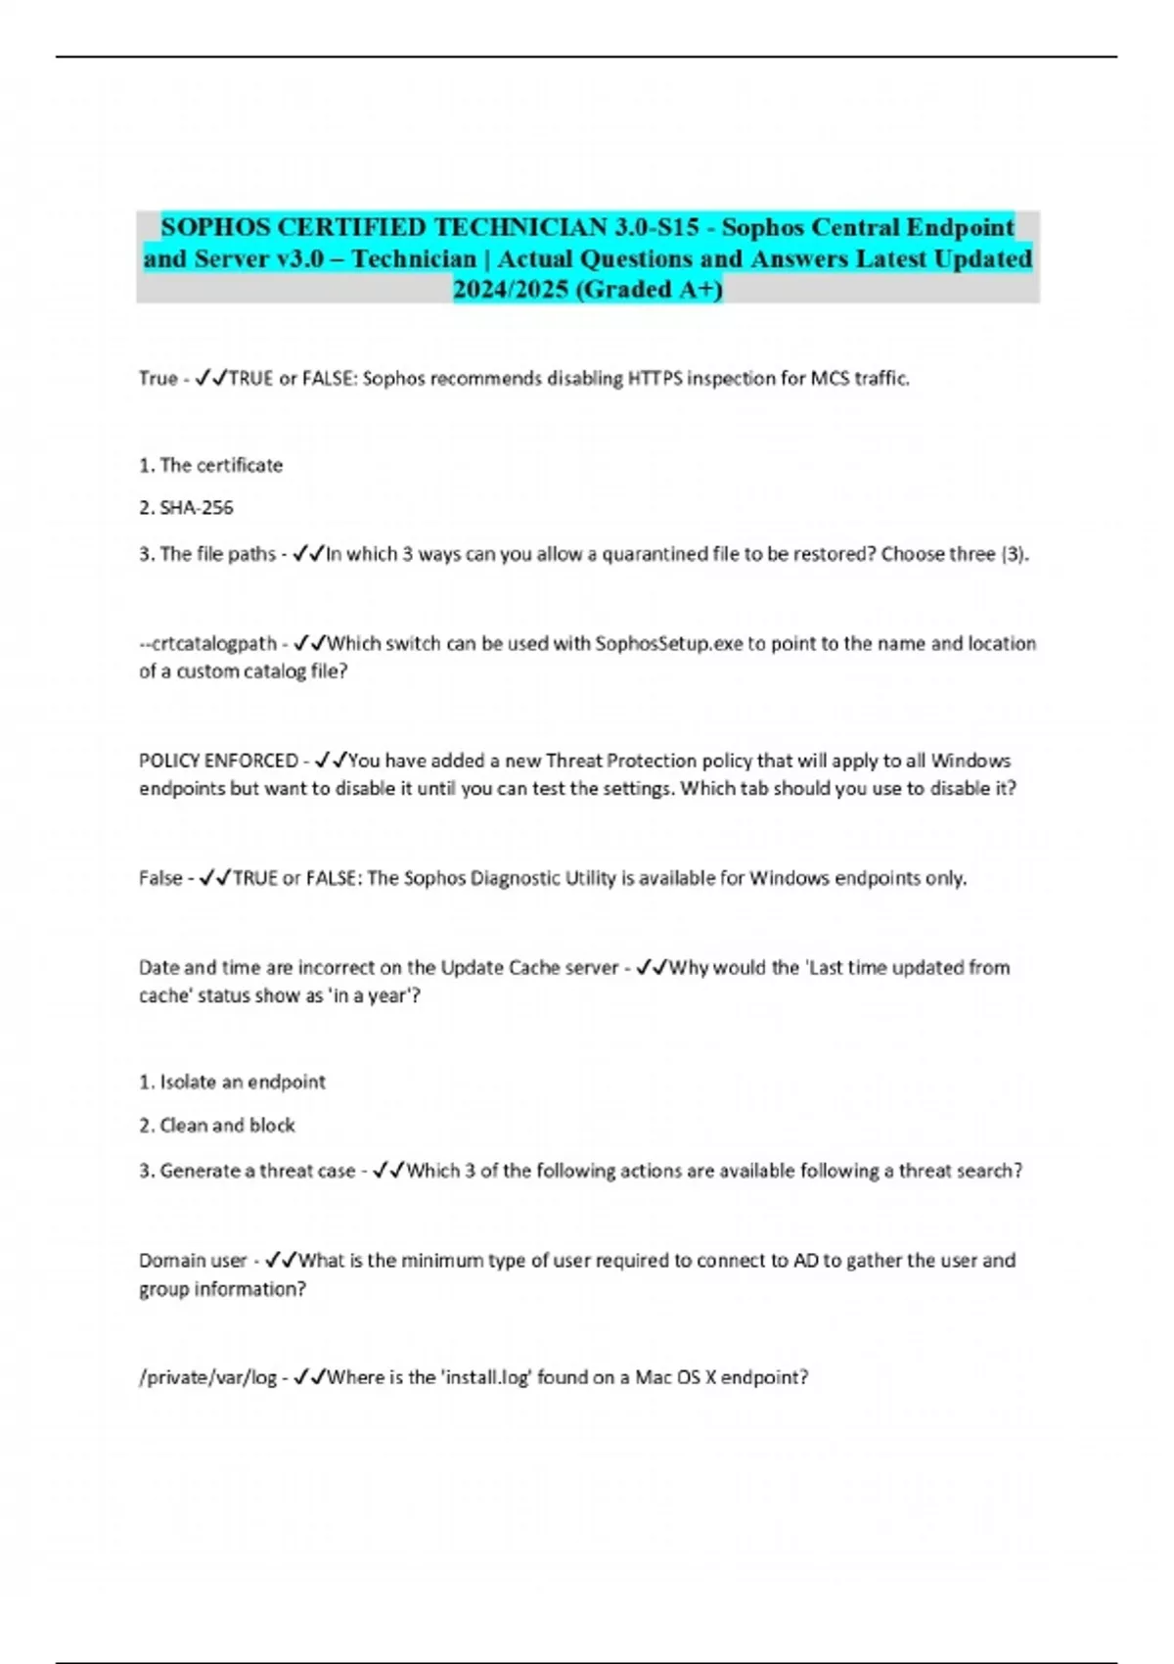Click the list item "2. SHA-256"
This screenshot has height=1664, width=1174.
pyautogui.click(x=186, y=507)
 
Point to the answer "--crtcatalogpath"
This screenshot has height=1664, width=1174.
pyautogui.click(x=207, y=643)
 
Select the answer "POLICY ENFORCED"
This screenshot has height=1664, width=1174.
pyautogui.click(x=218, y=760)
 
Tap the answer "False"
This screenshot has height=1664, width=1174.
pyautogui.click(x=160, y=878)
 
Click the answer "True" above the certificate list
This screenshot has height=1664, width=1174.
pyautogui.click(x=158, y=378)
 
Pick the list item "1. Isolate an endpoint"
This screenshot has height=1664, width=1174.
pyautogui.click(x=232, y=1082)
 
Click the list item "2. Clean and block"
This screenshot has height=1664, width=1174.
pyautogui.click(x=216, y=1125)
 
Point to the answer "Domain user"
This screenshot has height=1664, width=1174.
pyautogui.click(x=193, y=1260)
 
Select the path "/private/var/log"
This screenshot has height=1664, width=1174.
pyautogui.click(x=207, y=1377)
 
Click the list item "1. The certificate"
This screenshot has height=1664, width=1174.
pyautogui.click(x=210, y=465)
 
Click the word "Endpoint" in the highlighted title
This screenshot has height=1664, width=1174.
pyautogui.click(x=960, y=227)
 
